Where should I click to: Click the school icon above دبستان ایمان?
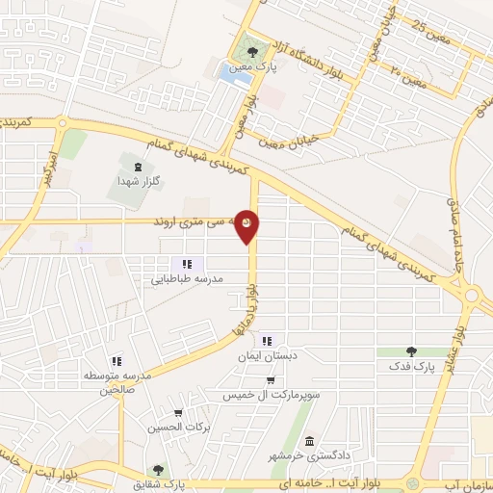tap(267, 340)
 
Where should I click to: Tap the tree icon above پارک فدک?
tap(412, 351)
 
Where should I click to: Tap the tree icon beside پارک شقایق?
tap(170, 471)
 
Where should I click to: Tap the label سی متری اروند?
tap(202, 222)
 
